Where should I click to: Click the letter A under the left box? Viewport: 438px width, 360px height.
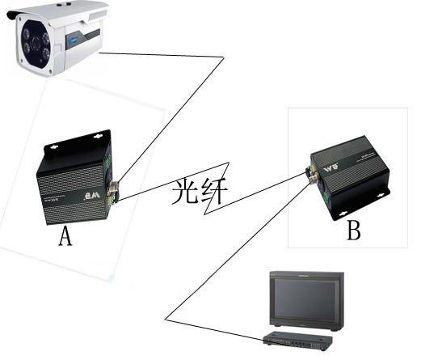click(65, 236)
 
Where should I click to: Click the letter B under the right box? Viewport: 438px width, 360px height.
click(354, 231)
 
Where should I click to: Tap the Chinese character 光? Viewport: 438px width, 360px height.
click(185, 193)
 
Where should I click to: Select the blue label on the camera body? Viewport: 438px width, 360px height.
click(75, 36)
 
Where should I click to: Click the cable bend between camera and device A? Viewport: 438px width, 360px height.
click(221, 58)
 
